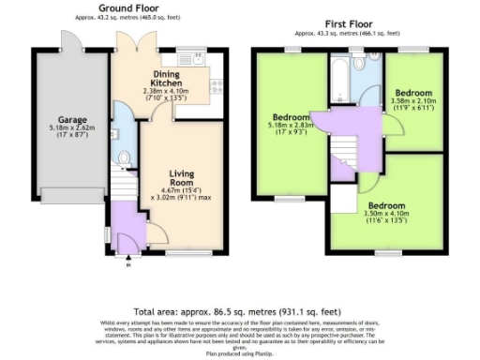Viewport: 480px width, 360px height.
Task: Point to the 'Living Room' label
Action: click(x=181, y=177)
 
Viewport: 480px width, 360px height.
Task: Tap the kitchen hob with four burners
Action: click(x=216, y=83)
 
